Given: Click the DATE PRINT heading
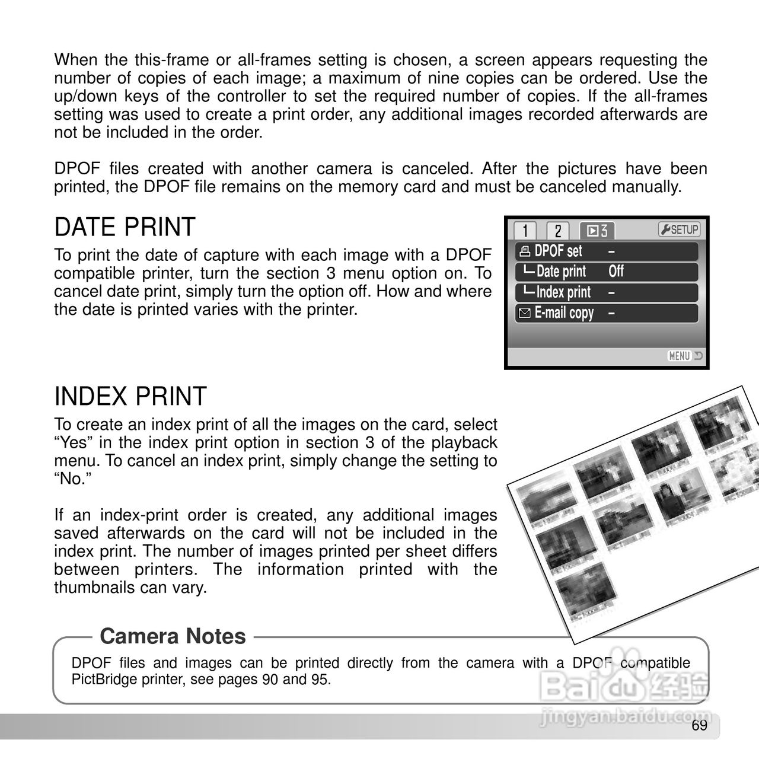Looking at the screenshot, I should click(125, 228).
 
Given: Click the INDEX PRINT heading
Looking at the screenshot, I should click(130, 397).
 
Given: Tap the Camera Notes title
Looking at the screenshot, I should click(173, 636).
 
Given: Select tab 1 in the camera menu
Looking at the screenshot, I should click(525, 230).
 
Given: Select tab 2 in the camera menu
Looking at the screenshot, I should click(557, 230).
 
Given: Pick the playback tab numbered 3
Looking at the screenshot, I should click(597, 230).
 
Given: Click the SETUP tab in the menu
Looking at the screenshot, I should click(679, 229).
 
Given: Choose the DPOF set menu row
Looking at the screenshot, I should click(558, 251).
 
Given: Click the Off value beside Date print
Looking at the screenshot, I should click(616, 272).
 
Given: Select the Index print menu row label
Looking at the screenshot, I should click(563, 292).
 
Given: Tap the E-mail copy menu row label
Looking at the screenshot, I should click(564, 313).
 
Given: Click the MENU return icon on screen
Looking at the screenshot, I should click(684, 356).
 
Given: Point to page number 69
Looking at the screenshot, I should click(700, 726).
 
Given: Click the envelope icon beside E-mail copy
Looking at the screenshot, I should click(524, 314).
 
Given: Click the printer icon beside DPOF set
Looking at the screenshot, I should click(524, 251).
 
